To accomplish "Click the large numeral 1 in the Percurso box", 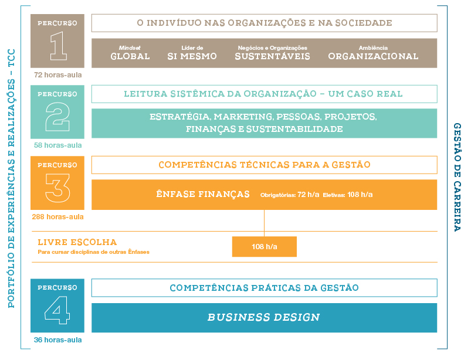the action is point(59,46).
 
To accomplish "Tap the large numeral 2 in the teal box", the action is point(57,117).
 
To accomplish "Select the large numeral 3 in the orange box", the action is point(57,188).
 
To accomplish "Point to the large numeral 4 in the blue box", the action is point(57,310).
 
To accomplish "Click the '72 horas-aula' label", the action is point(57,75).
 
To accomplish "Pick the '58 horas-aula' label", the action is point(57,145).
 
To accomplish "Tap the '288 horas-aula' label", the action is point(57,217).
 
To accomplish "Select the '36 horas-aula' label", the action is point(57,340).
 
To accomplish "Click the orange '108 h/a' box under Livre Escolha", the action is point(265,246).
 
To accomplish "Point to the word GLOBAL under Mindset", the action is point(130,56).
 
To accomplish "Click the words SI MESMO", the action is point(192,56).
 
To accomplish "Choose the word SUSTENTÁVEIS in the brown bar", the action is point(272,56).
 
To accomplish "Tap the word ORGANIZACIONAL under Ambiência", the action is point(373,56).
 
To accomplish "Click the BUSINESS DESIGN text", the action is point(264,317).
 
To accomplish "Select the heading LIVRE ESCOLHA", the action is point(77,242).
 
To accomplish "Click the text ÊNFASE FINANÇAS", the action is point(203,194).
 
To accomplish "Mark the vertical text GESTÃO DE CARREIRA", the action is point(457,177).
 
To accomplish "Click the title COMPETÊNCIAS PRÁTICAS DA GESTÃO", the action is point(265,288).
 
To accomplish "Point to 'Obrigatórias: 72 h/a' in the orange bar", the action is point(290,195).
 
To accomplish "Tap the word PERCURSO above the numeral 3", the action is point(57,165).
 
